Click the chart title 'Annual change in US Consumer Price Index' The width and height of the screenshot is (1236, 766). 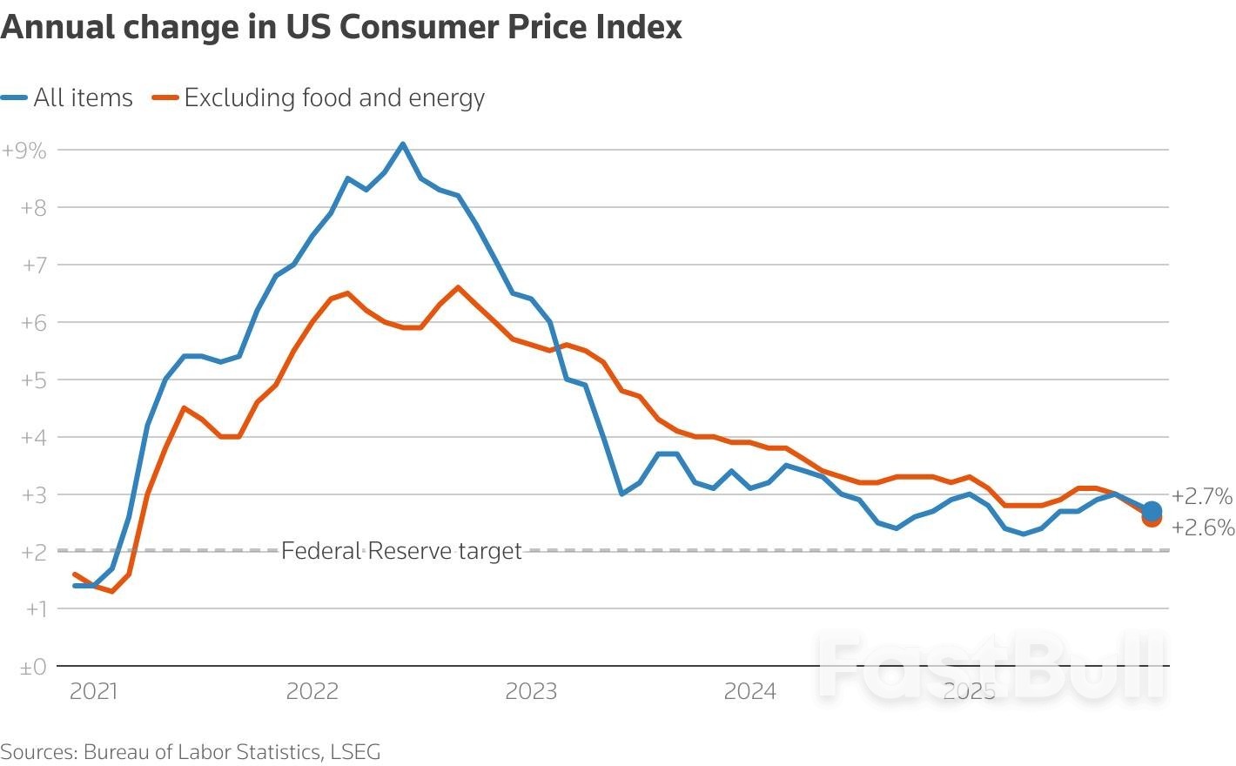click(x=341, y=27)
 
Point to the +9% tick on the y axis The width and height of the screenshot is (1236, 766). click(x=24, y=150)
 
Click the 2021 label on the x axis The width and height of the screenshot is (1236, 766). click(x=93, y=691)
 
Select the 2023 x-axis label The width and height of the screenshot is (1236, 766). click(x=531, y=691)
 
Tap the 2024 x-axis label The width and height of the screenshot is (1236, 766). click(x=749, y=691)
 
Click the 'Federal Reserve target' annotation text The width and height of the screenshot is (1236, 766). click(x=401, y=551)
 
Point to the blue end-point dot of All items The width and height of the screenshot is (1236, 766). click(x=1152, y=511)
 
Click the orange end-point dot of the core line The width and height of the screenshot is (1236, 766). click(x=1152, y=520)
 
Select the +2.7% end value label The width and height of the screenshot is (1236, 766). click(x=1202, y=496)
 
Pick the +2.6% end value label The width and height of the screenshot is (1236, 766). click(x=1203, y=527)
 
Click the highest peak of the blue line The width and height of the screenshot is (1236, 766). click(x=402, y=144)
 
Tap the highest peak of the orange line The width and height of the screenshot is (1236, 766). click(x=458, y=287)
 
